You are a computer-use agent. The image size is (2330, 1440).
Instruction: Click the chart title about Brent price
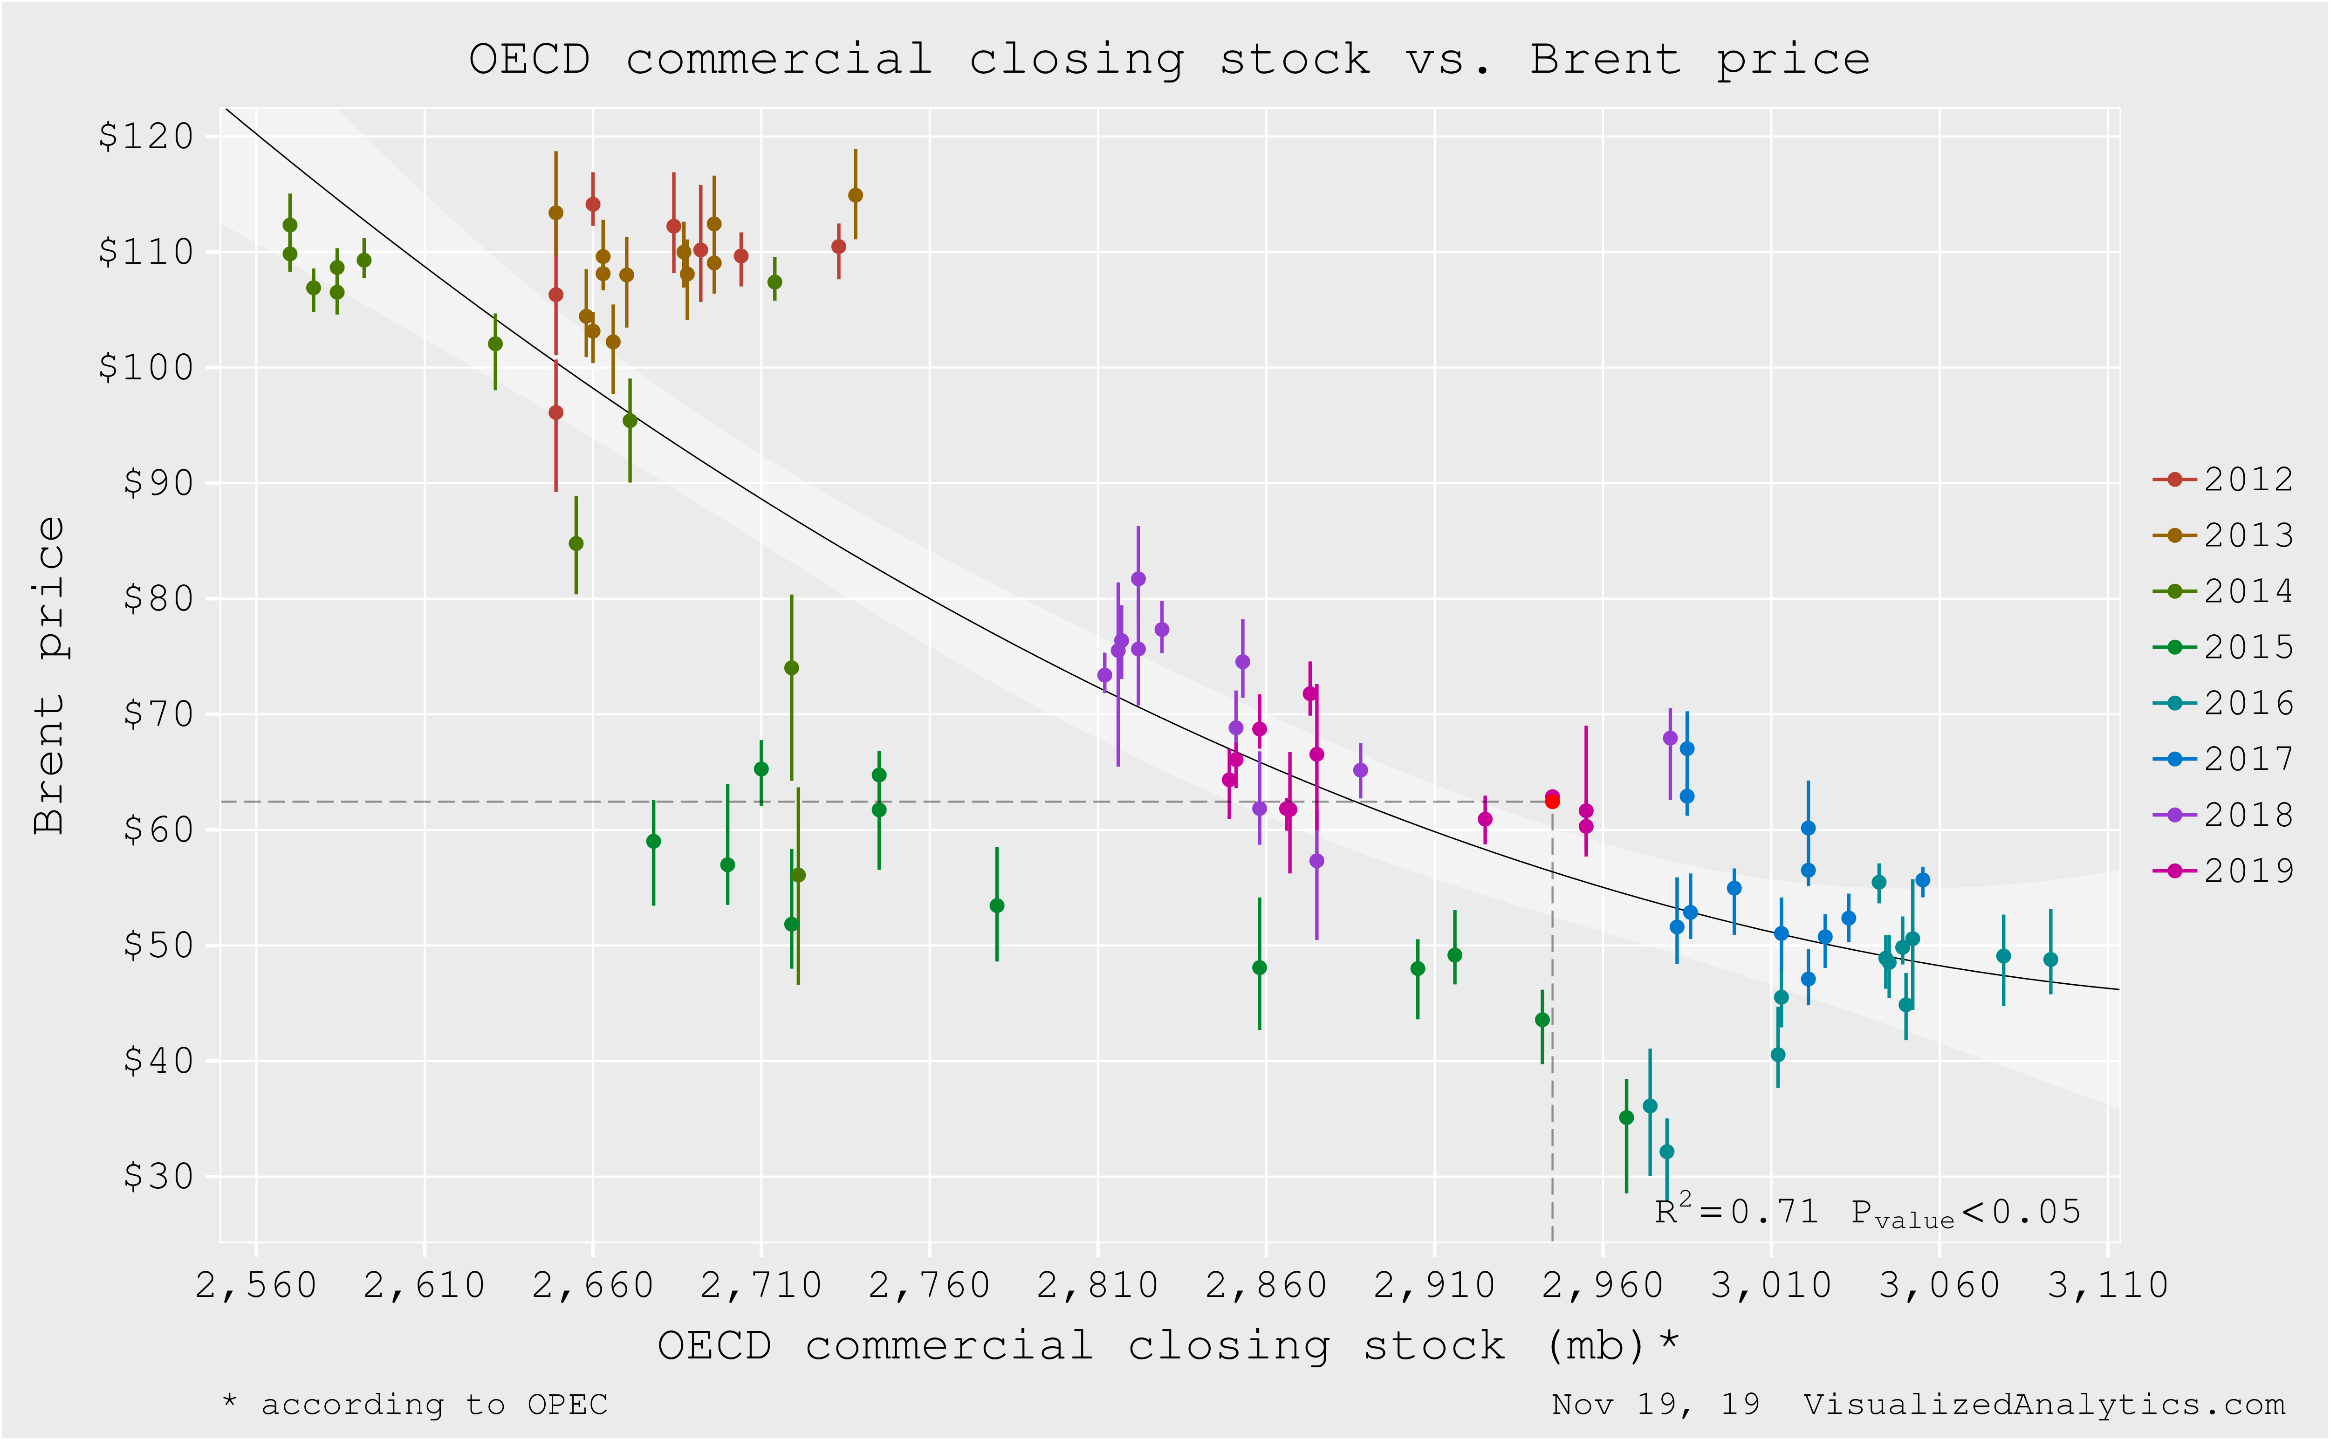pos(1169,59)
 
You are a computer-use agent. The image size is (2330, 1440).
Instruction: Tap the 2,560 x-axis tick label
pos(255,1286)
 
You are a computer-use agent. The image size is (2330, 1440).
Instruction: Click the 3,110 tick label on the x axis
pos(2107,1286)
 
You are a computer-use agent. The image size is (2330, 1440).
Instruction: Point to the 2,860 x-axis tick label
pos(1266,1286)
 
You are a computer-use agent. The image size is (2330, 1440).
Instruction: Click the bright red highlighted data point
pos(1552,802)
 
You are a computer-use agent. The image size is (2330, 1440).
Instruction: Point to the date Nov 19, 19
pos(1655,1405)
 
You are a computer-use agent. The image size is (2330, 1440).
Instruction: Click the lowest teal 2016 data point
pos(1666,1152)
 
